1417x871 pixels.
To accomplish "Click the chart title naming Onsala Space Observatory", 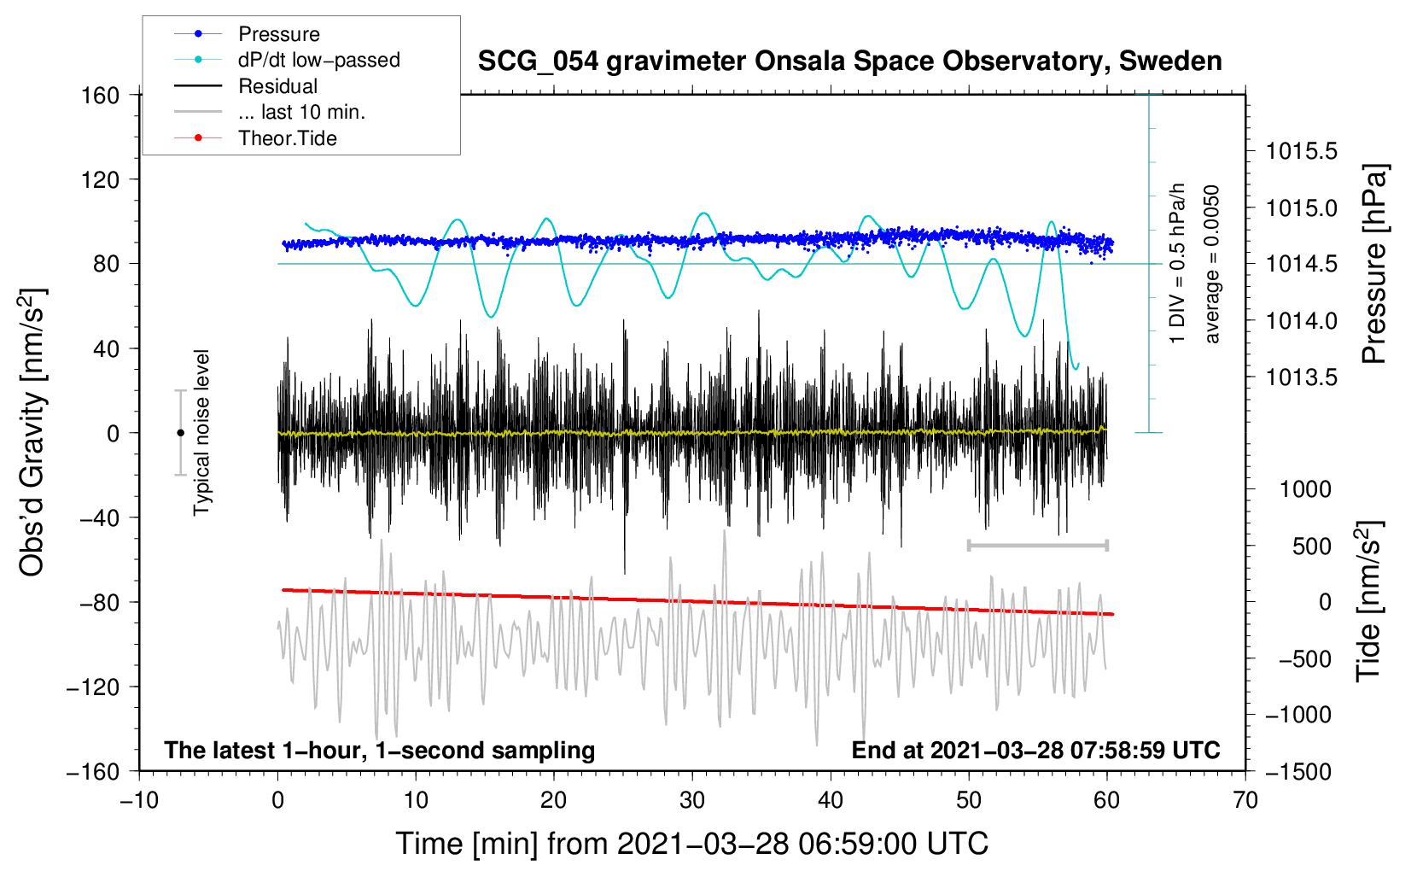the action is tap(849, 61).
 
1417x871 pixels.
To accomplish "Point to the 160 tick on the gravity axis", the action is tap(101, 96).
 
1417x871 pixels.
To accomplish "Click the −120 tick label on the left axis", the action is tap(93, 687).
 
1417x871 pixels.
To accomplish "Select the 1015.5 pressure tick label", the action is tap(1301, 151).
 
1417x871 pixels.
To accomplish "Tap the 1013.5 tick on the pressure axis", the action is tap(1301, 377).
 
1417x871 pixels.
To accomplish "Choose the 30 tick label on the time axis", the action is tap(692, 801).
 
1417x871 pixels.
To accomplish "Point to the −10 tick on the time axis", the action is tap(139, 801).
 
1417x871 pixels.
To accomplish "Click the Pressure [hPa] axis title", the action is tap(1373, 264).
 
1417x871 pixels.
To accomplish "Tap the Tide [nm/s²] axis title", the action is tap(1369, 601).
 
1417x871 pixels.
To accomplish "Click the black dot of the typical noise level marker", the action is tap(180, 433).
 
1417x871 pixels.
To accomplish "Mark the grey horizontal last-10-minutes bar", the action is tap(1038, 545).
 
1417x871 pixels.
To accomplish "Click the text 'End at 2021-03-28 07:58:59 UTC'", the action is tap(1035, 750).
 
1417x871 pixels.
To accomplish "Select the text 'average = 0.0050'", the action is tap(1211, 264).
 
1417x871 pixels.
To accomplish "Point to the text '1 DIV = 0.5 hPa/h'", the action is tap(1176, 264).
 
